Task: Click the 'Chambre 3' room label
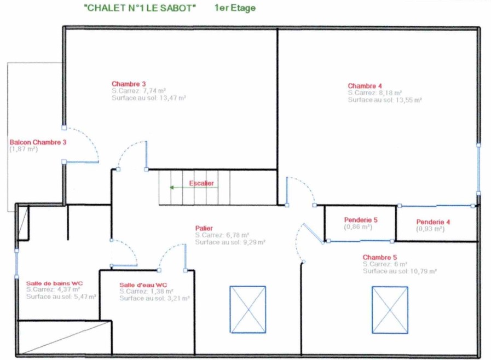129,84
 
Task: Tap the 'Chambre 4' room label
365,86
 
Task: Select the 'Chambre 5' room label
380,257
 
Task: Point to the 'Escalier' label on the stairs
201,183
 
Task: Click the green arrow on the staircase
194,188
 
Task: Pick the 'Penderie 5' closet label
361,220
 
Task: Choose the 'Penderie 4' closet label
433,222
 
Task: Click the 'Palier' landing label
204,228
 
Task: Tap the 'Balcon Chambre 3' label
38,142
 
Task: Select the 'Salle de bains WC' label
55,283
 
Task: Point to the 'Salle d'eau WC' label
143,285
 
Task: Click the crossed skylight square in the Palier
248,309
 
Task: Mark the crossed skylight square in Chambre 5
390,310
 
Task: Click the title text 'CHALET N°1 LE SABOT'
140,8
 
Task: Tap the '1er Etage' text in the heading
235,8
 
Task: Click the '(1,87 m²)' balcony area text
24,149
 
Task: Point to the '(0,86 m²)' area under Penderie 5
358,227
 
